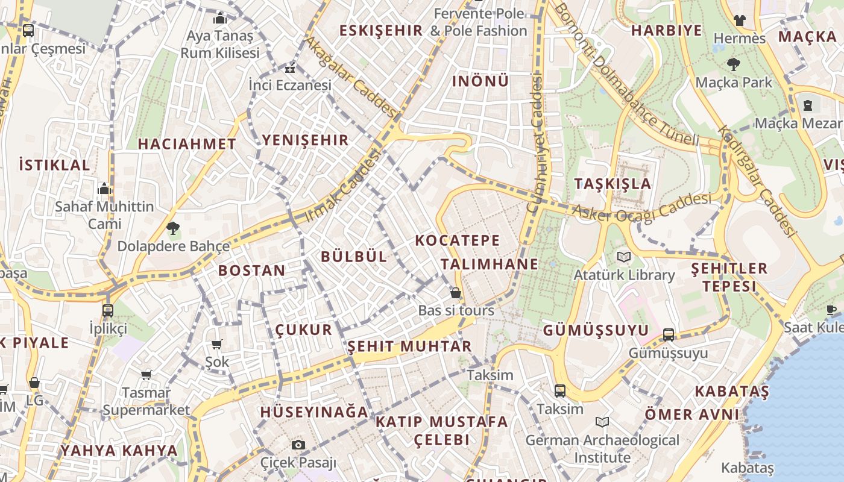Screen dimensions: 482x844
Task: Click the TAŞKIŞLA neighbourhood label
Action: (x=613, y=184)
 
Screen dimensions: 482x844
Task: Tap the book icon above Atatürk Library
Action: (x=624, y=257)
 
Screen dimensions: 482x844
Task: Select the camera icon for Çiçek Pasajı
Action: (x=298, y=445)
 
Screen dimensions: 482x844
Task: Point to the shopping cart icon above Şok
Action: (x=217, y=344)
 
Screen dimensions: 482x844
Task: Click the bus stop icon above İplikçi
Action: (x=108, y=311)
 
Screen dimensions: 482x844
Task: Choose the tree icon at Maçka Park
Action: (x=734, y=64)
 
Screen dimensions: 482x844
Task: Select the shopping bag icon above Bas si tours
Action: (x=456, y=293)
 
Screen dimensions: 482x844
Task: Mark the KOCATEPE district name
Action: (x=458, y=240)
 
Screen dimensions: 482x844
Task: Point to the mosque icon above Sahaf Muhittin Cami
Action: (x=104, y=189)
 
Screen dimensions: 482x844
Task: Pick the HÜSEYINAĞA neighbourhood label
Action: (x=313, y=412)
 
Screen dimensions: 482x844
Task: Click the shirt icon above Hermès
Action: (x=739, y=20)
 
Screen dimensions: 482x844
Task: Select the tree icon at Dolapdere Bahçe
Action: (x=173, y=228)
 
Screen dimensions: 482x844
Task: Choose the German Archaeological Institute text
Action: (x=602, y=449)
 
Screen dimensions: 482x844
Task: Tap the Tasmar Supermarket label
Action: (x=146, y=401)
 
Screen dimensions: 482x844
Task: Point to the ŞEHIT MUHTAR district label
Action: (x=409, y=346)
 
